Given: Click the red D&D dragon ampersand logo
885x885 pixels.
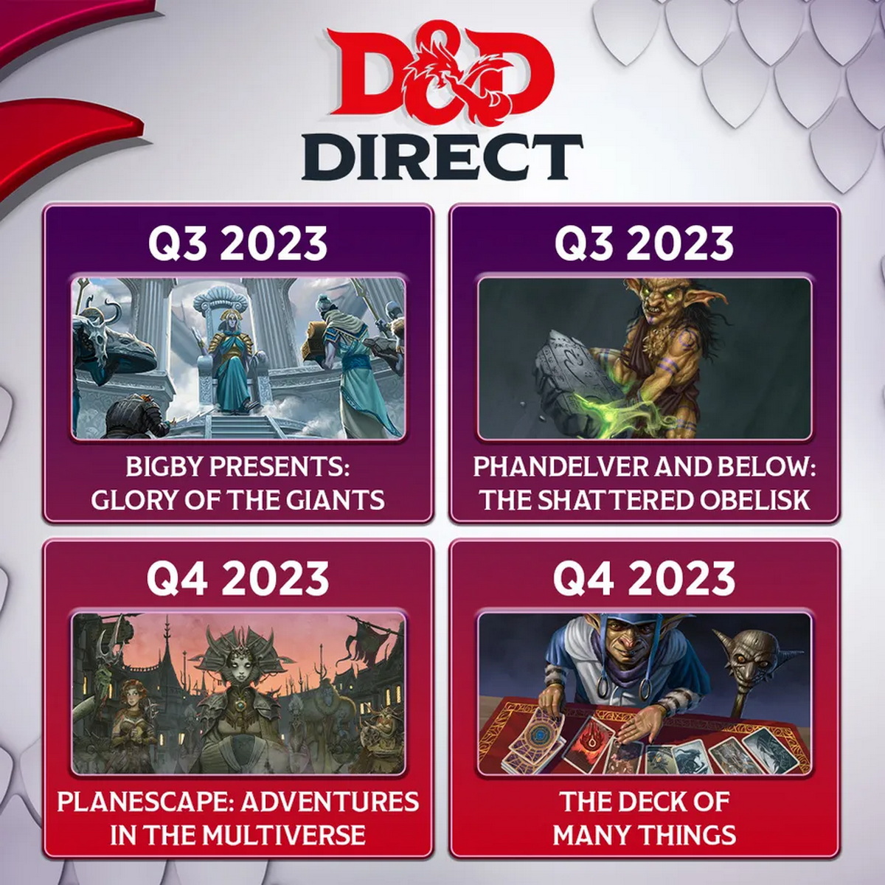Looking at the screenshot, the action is click(x=442, y=76).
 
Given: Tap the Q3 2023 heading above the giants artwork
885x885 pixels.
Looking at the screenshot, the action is click(x=238, y=243).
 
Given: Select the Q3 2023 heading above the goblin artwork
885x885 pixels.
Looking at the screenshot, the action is click(x=644, y=243).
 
